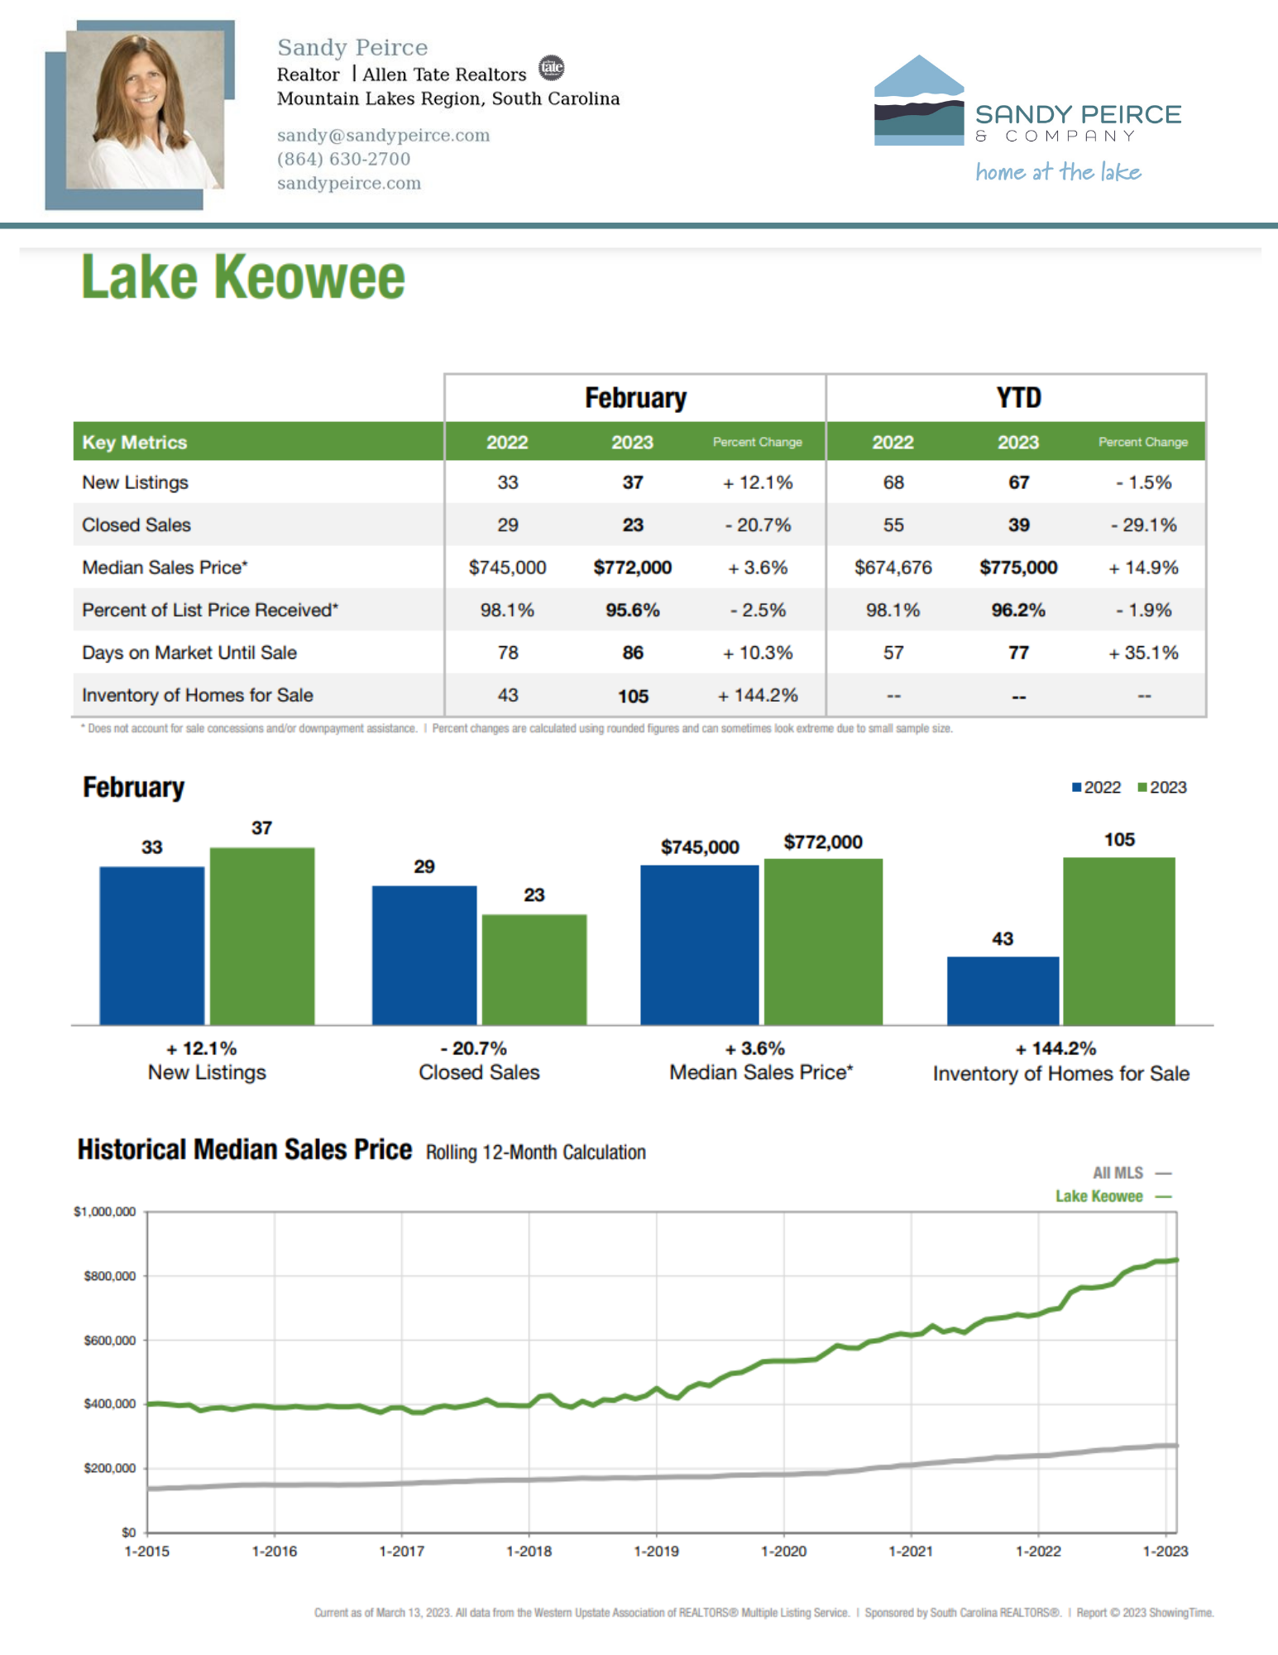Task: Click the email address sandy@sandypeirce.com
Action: pyautogui.click(x=383, y=135)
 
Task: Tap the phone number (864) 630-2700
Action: pyautogui.click(x=343, y=159)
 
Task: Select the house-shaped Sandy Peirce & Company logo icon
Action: pyautogui.click(x=918, y=101)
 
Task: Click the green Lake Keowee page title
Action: pyautogui.click(x=243, y=277)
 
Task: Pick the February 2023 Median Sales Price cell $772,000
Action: pyautogui.click(x=632, y=568)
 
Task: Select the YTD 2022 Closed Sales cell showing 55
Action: pyautogui.click(x=893, y=525)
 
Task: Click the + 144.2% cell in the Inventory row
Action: pyautogui.click(x=758, y=695)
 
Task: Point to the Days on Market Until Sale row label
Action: pyautogui.click(x=189, y=653)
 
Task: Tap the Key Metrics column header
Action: pyautogui.click(x=135, y=442)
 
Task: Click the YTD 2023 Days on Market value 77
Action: pyautogui.click(x=1018, y=653)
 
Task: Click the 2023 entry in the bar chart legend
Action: pyautogui.click(x=1162, y=787)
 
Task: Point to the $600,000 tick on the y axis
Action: pyautogui.click(x=110, y=1340)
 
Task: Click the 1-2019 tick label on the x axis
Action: pyautogui.click(x=656, y=1551)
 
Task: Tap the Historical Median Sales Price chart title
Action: pyautogui.click(x=245, y=1149)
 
